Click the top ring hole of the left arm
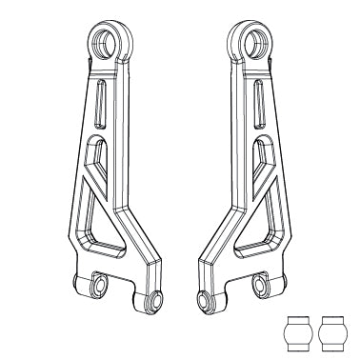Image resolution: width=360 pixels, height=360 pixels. pos(105,41)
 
